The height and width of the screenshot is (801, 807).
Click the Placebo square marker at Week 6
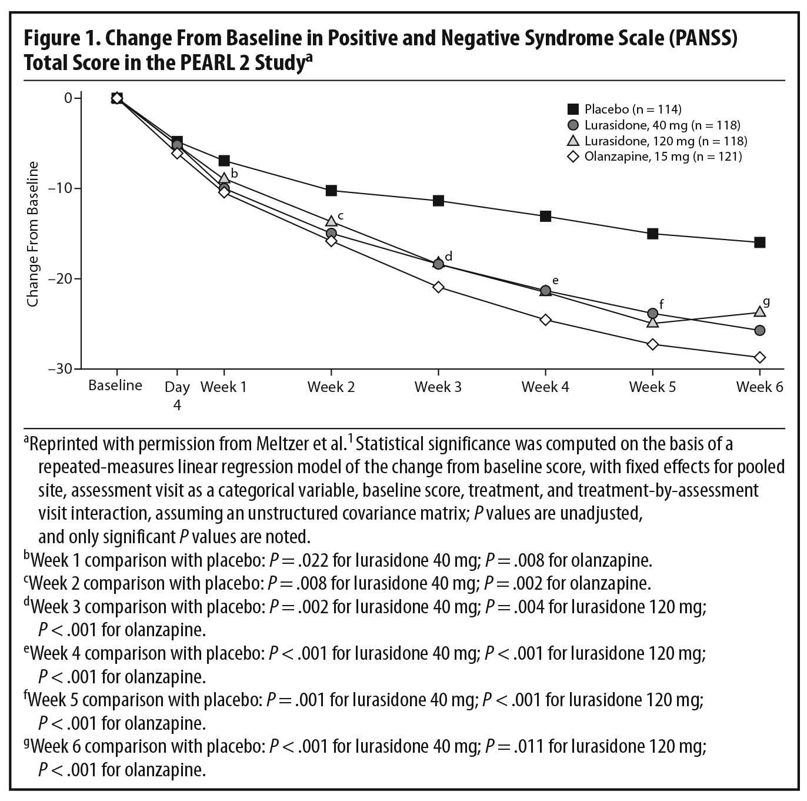point(759,242)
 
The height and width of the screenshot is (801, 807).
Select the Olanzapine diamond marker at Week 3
point(438,287)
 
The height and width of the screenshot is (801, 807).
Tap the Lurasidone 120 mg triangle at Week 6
point(759,311)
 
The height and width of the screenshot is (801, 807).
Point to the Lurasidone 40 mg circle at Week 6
point(759,331)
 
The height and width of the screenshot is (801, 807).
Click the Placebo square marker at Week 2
point(331,190)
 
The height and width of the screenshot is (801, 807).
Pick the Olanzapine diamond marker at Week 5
point(652,344)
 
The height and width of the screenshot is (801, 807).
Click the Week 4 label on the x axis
point(545,387)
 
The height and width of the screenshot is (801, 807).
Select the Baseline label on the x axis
point(115,385)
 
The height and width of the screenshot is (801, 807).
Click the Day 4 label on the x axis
point(177,395)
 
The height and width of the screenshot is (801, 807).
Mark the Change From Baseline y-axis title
point(33,234)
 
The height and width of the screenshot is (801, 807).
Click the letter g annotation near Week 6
point(766,302)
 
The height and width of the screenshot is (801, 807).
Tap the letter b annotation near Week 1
point(234,174)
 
